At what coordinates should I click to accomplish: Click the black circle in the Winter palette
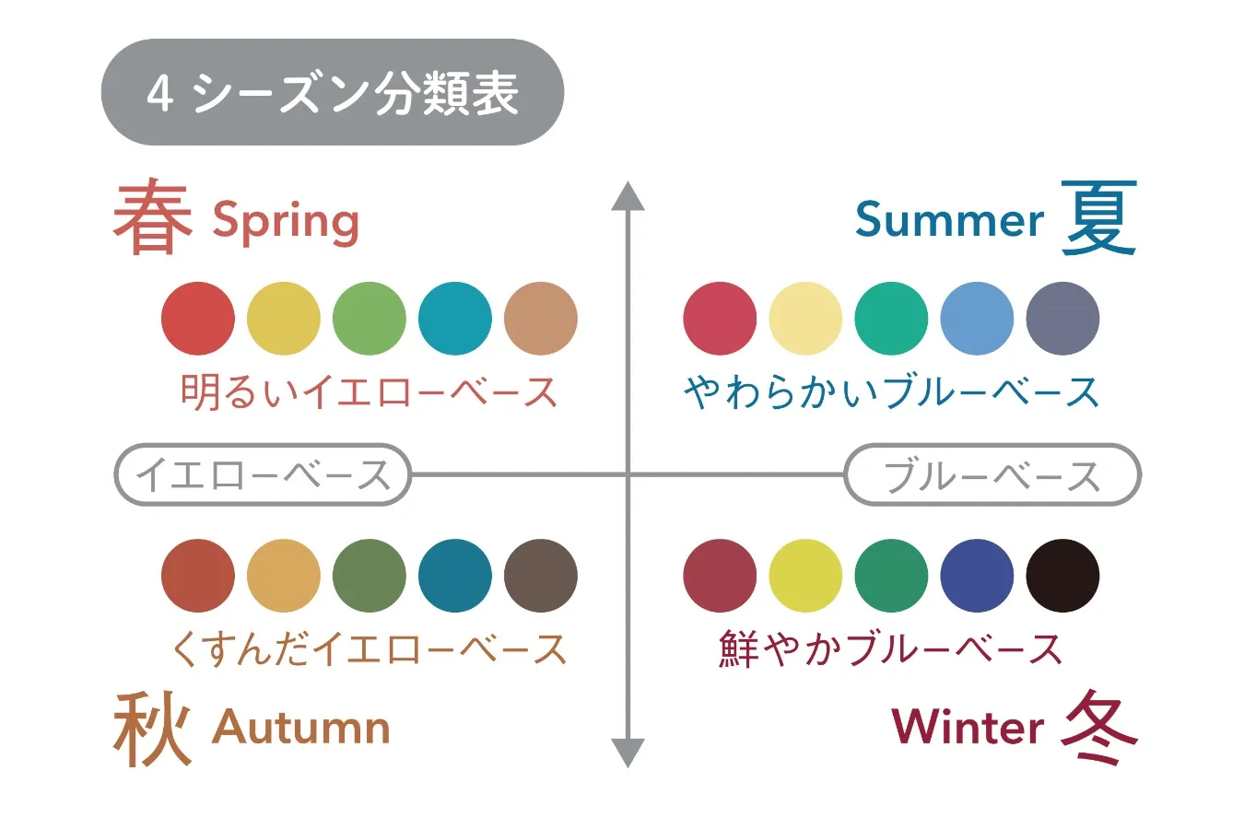pyautogui.click(x=1062, y=576)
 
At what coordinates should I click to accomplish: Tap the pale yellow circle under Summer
pyautogui.click(x=805, y=319)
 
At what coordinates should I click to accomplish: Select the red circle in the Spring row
pyautogui.click(x=198, y=319)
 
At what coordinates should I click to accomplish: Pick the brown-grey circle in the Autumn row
pyautogui.click(x=541, y=576)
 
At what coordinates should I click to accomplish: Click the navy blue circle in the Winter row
pyautogui.click(x=977, y=576)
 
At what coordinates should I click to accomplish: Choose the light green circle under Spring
pyautogui.click(x=370, y=319)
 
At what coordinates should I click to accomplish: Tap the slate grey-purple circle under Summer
pyautogui.click(x=1062, y=319)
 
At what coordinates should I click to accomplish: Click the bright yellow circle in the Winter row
pyautogui.click(x=805, y=576)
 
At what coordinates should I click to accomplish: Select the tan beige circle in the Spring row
pyautogui.click(x=541, y=319)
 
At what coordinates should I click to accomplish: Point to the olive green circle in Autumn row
pyautogui.click(x=370, y=576)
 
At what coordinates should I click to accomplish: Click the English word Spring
pyautogui.click(x=286, y=222)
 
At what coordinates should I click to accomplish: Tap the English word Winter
pyautogui.click(x=968, y=727)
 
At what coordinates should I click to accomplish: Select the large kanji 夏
pyautogui.click(x=1099, y=218)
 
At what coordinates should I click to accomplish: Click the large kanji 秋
pyautogui.click(x=152, y=729)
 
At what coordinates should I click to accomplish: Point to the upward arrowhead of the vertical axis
pyautogui.click(x=628, y=196)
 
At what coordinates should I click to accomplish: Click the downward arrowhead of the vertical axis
pyautogui.click(x=628, y=752)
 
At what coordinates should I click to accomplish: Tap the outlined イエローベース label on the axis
pyautogui.click(x=263, y=475)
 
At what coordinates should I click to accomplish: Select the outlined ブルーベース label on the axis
pyautogui.click(x=992, y=475)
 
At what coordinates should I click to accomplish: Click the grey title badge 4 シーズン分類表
pyautogui.click(x=332, y=92)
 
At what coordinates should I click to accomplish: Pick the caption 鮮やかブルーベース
pyautogui.click(x=890, y=649)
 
